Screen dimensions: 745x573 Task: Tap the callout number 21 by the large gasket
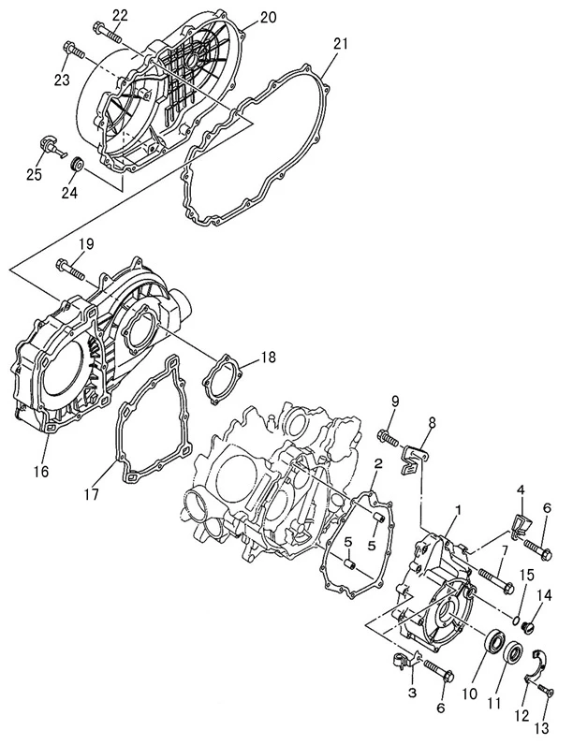(x=341, y=44)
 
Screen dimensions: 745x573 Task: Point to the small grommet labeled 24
(x=79, y=166)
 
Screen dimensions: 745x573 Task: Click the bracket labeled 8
(x=415, y=457)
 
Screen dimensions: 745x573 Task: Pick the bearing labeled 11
(x=514, y=651)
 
